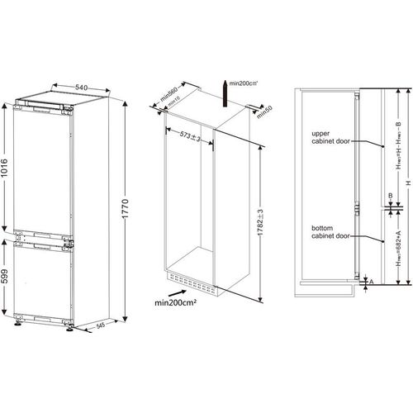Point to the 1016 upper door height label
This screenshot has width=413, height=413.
click(7, 171)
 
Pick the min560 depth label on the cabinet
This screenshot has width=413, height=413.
click(171, 97)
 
